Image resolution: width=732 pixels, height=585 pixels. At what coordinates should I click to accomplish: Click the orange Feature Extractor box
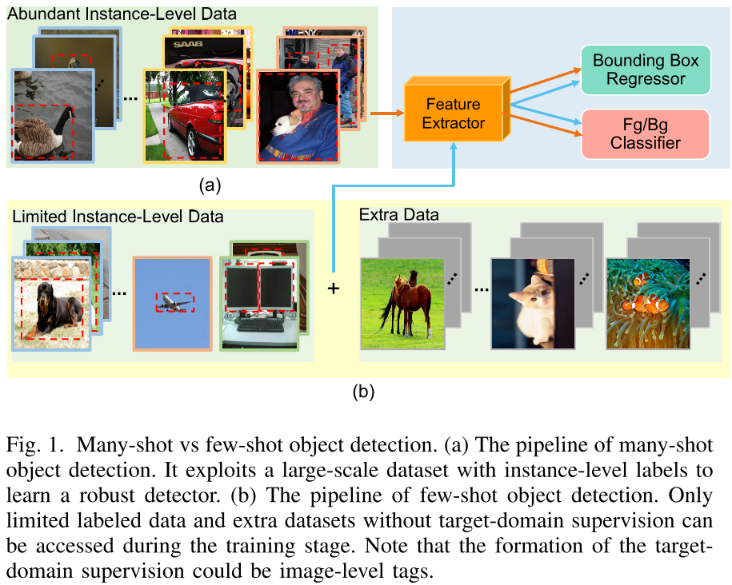click(454, 113)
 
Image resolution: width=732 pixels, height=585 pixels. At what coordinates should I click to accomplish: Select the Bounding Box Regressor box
click(645, 70)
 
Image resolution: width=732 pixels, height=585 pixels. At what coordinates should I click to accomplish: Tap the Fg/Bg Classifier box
click(645, 133)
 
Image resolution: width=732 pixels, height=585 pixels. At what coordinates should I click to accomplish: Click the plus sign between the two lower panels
click(333, 289)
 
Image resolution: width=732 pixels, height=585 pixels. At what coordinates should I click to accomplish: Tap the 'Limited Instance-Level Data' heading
click(117, 216)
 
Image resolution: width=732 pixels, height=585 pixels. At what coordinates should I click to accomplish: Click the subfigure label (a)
click(210, 186)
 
